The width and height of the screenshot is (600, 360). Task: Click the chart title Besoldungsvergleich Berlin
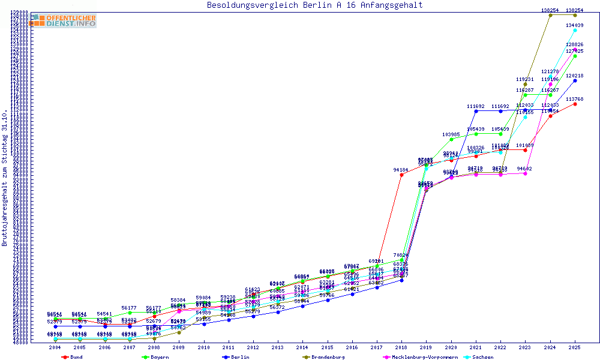click(x=314, y=5)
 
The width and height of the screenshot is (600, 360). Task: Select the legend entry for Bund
click(x=73, y=357)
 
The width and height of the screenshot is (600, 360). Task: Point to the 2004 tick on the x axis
click(x=55, y=347)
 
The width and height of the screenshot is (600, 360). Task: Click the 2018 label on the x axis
click(x=401, y=347)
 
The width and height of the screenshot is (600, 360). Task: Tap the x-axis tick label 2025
click(x=575, y=347)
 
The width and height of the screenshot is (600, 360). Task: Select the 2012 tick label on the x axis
click(x=253, y=347)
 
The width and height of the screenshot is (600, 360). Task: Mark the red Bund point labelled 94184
click(x=401, y=175)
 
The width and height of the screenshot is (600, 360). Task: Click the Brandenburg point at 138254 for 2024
click(x=550, y=15)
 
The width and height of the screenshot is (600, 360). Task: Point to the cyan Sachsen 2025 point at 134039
click(x=575, y=30)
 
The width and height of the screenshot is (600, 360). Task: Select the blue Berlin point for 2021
click(x=476, y=111)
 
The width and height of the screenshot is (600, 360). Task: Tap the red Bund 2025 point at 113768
click(x=575, y=104)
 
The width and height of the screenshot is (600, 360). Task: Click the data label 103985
click(x=451, y=134)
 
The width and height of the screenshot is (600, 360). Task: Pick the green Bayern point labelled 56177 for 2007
click(x=130, y=313)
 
